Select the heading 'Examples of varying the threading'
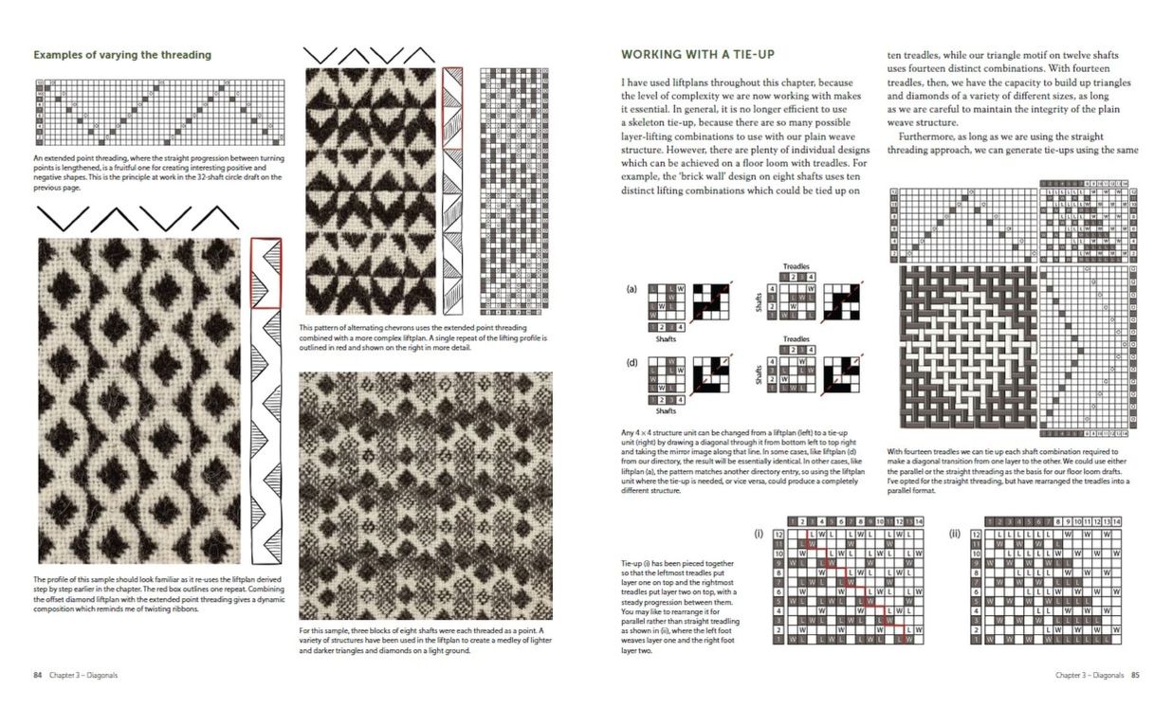[122, 55]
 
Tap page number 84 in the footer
[38, 675]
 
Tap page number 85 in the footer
[1134, 675]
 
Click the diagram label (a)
[631, 288]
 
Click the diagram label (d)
[631, 360]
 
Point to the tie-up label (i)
[759, 533]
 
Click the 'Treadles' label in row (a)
[796, 267]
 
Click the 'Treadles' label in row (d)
[796, 338]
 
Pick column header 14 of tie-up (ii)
[1117, 521]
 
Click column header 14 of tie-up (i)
[918, 521]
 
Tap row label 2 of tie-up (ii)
[977, 628]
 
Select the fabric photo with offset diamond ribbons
[139, 399]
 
